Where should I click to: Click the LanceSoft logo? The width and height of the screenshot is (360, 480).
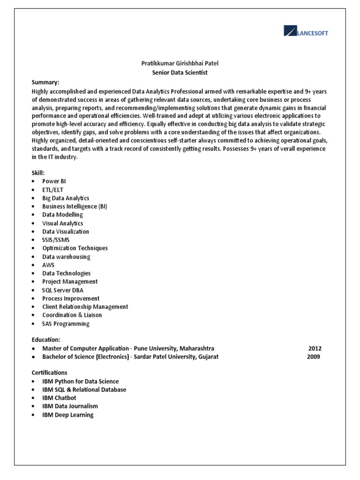[x=306, y=32]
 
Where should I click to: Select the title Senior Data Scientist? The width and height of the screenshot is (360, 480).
[x=180, y=73]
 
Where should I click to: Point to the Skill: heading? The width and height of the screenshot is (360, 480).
[x=38, y=173]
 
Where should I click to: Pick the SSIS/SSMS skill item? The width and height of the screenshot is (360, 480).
[x=56, y=240]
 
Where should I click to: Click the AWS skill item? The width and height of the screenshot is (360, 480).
[x=48, y=265]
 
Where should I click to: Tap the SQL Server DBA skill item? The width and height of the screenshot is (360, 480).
[x=63, y=290]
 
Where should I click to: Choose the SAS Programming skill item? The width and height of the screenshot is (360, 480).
[x=66, y=323]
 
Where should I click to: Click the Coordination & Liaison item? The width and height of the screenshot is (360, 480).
[x=72, y=315]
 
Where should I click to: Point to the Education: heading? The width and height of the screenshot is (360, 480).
[x=46, y=339]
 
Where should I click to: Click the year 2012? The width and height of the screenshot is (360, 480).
[x=315, y=348]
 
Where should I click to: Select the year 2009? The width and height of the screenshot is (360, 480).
[x=314, y=357]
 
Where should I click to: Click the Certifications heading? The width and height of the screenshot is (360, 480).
[x=50, y=372]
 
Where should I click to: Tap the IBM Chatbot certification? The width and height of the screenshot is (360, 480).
[x=59, y=398]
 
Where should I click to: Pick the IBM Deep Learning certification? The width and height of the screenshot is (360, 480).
[x=67, y=415]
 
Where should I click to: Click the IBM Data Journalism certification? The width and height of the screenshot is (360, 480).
[x=70, y=406]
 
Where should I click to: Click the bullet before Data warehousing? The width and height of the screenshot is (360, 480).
[x=33, y=257]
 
